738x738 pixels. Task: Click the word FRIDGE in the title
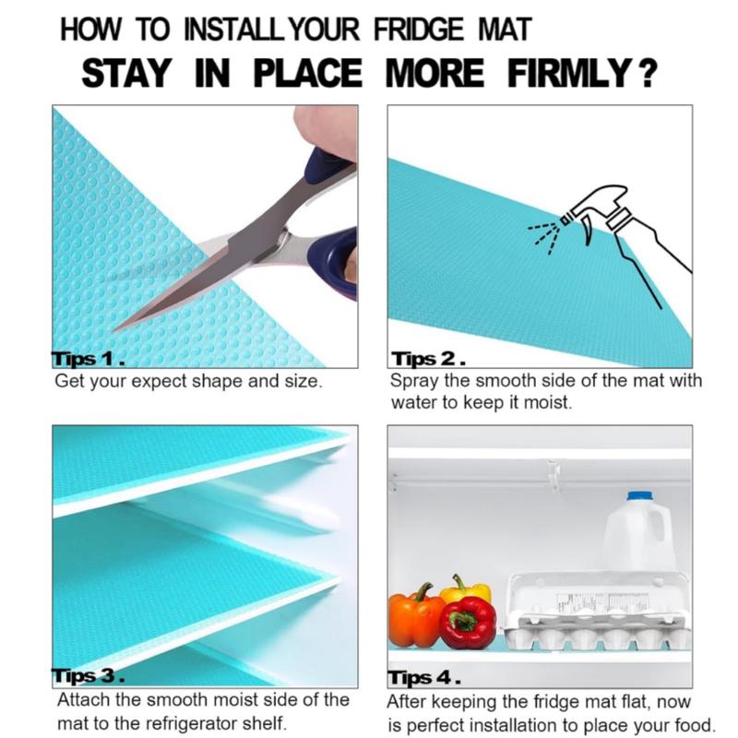click(419, 29)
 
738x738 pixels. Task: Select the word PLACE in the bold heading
click(308, 74)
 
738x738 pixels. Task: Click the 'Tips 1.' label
click(88, 359)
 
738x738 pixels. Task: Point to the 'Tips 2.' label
click(428, 359)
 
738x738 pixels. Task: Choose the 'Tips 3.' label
click(88, 676)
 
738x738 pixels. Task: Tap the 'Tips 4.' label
click(424, 678)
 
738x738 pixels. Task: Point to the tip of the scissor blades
click(113, 330)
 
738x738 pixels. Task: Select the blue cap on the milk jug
click(640, 495)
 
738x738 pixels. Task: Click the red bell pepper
click(469, 622)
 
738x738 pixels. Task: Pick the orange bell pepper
click(415, 616)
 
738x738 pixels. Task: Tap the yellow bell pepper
click(466, 589)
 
